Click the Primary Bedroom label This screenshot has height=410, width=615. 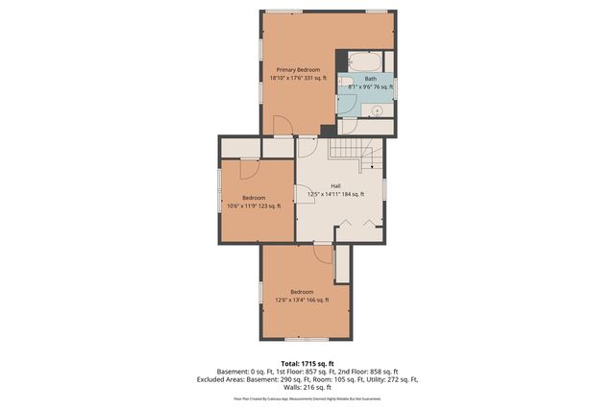point(299,69)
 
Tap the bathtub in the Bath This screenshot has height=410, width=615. point(365,59)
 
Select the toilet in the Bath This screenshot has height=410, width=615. point(343,84)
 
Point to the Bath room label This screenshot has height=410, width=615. point(370,80)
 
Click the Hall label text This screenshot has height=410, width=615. point(335,186)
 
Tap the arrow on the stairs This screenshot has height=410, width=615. point(373,165)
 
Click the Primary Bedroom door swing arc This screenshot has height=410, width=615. point(282,125)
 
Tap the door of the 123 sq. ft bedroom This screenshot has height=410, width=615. point(248,169)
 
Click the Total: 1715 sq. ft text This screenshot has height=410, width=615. point(307,364)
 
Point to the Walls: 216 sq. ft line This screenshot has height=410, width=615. point(307,386)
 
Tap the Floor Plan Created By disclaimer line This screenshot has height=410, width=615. point(307,398)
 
